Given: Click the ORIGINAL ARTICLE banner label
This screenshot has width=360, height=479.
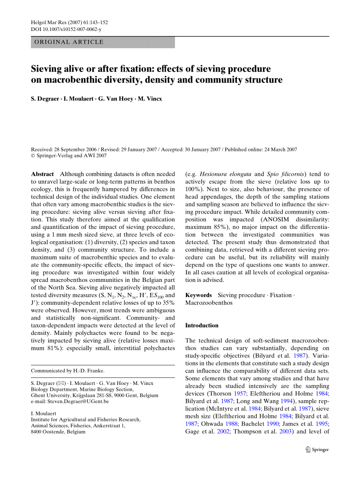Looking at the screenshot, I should click(x=69, y=42).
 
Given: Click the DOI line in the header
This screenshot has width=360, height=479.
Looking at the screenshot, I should click(x=66, y=29).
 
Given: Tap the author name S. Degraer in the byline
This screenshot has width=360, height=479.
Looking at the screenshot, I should click(x=45, y=99).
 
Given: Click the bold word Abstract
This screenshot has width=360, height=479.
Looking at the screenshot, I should click(x=42, y=174).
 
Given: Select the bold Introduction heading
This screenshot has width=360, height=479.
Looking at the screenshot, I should click(x=202, y=326).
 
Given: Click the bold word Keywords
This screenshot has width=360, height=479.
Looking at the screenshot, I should click(x=199, y=295).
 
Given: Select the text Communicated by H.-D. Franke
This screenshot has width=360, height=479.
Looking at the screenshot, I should click(x=67, y=370).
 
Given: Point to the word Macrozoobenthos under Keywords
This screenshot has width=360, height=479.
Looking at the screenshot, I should click(x=209, y=303).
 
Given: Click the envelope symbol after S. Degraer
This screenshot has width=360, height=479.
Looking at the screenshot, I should click(x=62, y=383).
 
